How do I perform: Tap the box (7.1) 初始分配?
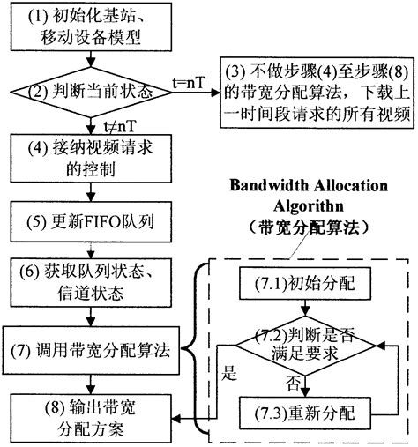(x=305, y=287)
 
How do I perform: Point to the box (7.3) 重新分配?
(x=305, y=413)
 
